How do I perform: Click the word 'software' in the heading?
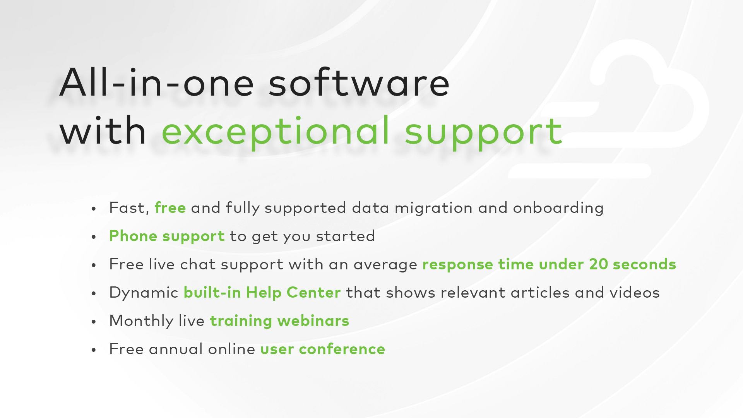[x=359, y=82]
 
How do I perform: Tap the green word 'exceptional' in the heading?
[x=275, y=132]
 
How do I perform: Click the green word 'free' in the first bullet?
[x=170, y=207]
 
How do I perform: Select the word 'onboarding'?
[x=558, y=208]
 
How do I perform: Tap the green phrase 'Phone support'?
[x=167, y=236]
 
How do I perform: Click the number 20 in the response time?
[x=598, y=264]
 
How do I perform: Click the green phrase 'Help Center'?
[x=293, y=293]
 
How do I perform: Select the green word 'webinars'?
[x=313, y=321]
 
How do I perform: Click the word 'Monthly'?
[x=141, y=321]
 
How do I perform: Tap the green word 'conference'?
[x=342, y=349]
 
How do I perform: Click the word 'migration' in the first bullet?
[x=433, y=208]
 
